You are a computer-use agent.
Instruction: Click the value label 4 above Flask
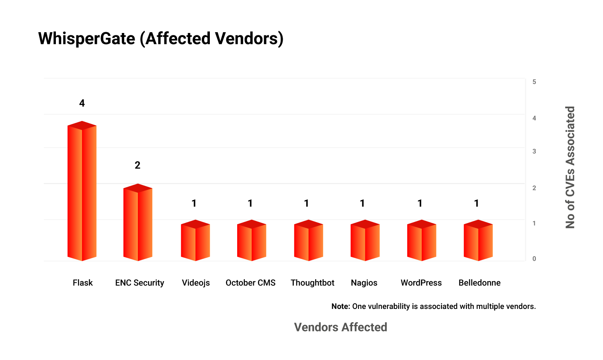click(x=82, y=103)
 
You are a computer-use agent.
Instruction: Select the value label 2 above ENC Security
click(x=137, y=165)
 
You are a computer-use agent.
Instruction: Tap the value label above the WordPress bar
click(x=420, y=204)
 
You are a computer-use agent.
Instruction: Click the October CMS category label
click(x=250, y=283)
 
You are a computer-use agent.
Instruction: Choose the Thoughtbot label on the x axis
click(x=312, y=283)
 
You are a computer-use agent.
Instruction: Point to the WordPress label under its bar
click(x=421, y=283)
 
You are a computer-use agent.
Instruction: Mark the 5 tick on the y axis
click(x=534, y=82)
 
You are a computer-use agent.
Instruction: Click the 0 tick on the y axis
click(x=534, y=259)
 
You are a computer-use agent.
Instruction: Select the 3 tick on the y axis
click(x=534, y=151)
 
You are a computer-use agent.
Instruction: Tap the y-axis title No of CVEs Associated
click(x=570, y=167)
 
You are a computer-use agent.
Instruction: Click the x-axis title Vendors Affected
click(x=340, y=327)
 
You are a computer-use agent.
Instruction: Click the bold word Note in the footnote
click(x=340, y=306)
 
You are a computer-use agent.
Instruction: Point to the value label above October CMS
click(x=250, y=204)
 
